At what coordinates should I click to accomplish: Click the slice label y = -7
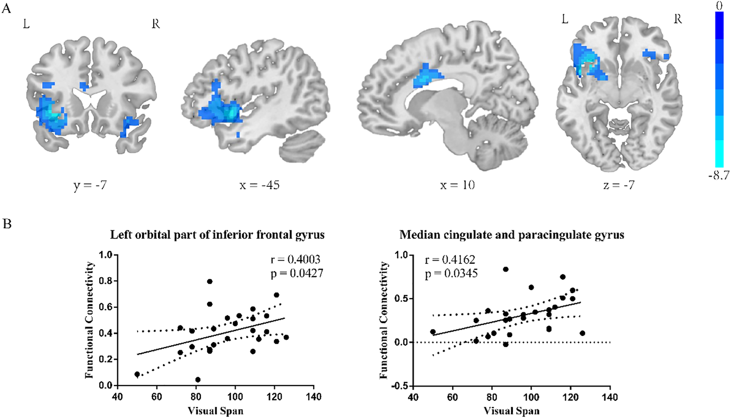90,186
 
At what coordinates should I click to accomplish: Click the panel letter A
6,8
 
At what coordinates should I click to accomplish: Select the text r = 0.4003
295,260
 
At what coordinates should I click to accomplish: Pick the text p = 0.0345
451,274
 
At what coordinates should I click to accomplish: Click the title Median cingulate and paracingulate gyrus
511,234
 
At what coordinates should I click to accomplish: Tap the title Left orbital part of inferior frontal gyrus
217,234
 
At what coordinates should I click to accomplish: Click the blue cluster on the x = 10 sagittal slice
425,77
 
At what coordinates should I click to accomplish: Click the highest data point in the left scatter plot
210,282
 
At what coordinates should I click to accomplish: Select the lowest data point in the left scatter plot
198,380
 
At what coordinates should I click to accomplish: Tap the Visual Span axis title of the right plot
511,411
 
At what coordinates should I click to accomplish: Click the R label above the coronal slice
155,24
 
